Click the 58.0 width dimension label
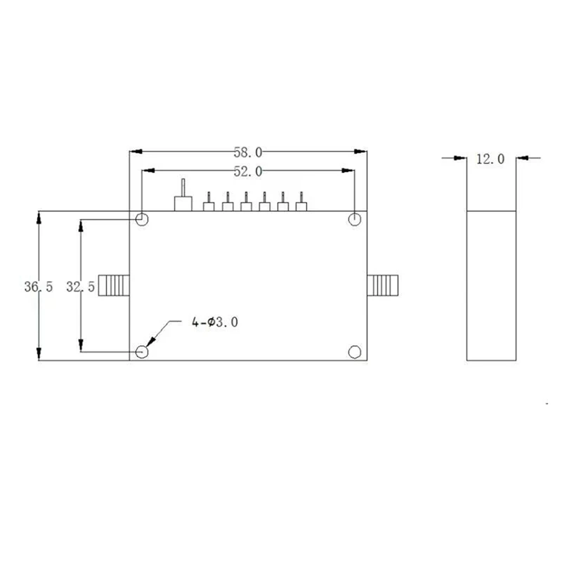(247, 152)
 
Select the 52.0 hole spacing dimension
(247, 171)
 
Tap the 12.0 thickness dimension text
(490, 159)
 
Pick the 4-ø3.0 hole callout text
(215, 322)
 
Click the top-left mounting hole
(142, 219)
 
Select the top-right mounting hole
(355, 219)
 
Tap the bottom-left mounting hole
(142, 351)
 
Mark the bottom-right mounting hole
(355, 351)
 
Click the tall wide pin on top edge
(183, 199)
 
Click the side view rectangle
(492, 285)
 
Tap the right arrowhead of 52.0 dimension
(348, 171)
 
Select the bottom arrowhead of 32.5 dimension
(81, 346)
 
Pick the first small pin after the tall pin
(209, 203)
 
